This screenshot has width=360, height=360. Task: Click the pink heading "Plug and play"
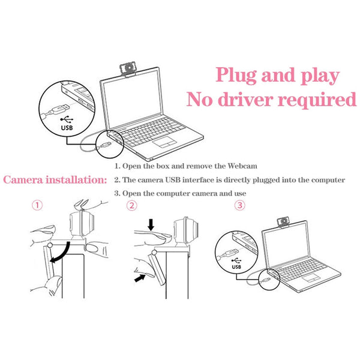277,76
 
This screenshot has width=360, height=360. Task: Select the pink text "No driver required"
271,100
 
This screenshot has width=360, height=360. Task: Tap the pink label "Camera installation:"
55,179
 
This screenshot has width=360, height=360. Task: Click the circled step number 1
38,205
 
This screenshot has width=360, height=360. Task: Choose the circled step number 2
132,205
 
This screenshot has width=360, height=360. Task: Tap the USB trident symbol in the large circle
67,118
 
